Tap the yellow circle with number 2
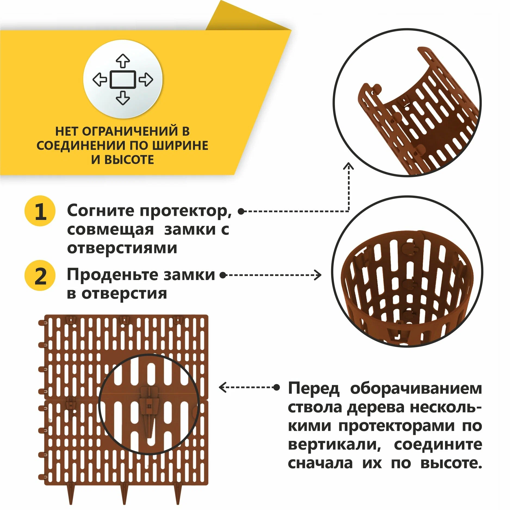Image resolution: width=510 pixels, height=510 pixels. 40,276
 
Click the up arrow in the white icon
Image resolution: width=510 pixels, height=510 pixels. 123,61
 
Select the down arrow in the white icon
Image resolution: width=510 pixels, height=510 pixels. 123,98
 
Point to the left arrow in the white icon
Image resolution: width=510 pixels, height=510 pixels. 100,80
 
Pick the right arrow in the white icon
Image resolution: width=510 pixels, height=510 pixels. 146,80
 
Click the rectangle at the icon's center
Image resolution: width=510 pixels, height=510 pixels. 123,80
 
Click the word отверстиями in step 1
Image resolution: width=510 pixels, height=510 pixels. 122,248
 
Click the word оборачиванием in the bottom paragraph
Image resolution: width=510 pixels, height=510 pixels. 416,389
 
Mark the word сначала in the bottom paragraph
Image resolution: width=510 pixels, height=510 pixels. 320,463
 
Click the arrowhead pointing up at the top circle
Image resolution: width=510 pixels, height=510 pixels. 349,166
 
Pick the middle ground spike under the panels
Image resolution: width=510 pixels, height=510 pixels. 124,493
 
